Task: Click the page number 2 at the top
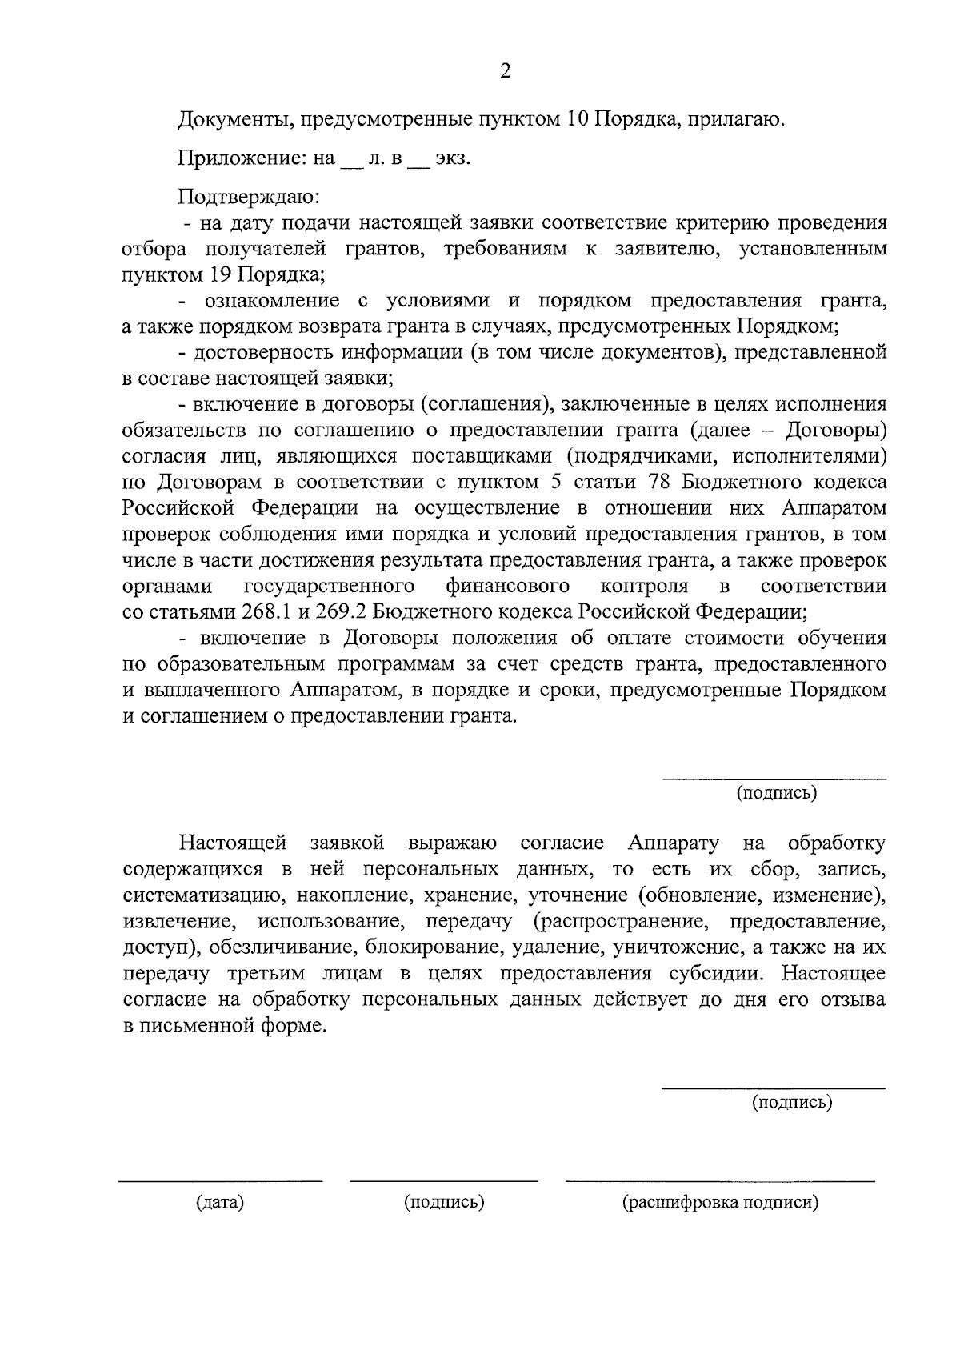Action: tap(505, 71)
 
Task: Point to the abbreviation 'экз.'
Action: tap(452, 158)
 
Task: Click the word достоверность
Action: tap(265, 352)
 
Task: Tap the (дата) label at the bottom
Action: tap(220, 1202)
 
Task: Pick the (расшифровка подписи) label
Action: tap(721, 1202)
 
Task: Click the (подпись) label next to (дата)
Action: tap(445, 1202)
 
